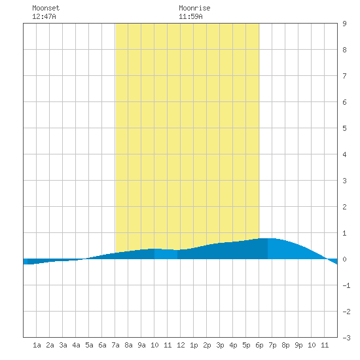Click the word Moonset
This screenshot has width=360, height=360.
point(46,8)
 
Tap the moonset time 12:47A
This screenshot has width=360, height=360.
point(44,16)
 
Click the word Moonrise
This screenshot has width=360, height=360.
point(194,8)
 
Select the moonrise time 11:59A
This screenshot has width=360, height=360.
point(190,16)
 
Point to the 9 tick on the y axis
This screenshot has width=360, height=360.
point(344,24)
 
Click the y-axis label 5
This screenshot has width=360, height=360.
point(344,128)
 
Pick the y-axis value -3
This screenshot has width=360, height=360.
point(346,338)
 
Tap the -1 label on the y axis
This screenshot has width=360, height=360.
point(346,285)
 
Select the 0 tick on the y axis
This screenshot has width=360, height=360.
point(344,259)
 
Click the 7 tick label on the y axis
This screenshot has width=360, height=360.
point(344,76)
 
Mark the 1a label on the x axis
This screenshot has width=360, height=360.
point(37,345)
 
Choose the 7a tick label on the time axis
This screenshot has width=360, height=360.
point(115,345)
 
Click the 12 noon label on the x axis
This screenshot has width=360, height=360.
point(181,345)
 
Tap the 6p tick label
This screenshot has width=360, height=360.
point(259,345)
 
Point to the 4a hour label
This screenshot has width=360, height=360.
point(76,345)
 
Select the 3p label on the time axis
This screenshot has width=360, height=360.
point(220,345)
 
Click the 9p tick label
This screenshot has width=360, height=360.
point(298,345)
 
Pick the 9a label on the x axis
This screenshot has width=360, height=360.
point(141,345)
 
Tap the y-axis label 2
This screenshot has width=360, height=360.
point(344,207)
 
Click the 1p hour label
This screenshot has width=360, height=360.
point(194,345)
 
